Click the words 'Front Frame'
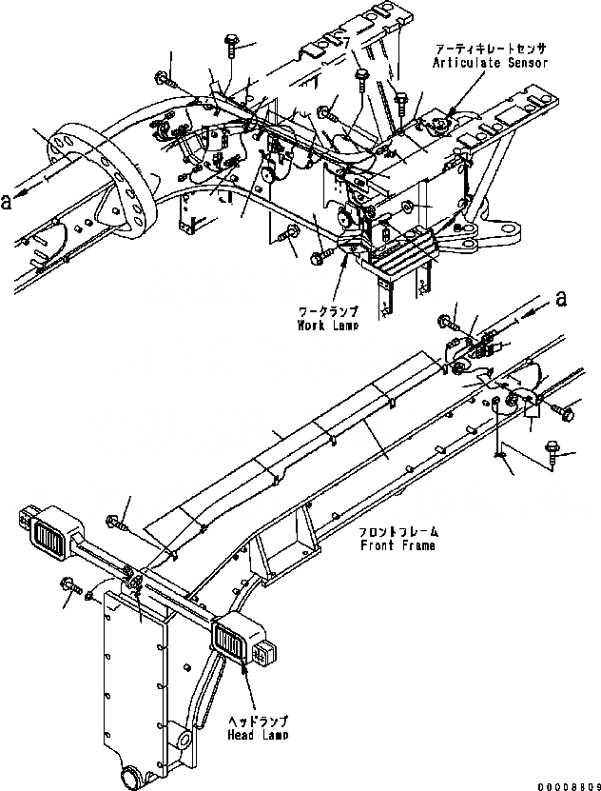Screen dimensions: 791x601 397,546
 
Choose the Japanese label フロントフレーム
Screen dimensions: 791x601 397,533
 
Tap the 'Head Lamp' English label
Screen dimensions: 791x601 258,735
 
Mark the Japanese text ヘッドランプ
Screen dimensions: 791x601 258,721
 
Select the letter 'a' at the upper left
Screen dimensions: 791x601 8,200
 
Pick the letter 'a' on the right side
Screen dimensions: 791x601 561,298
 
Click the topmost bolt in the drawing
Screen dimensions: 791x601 231,42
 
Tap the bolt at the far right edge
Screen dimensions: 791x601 567,413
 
